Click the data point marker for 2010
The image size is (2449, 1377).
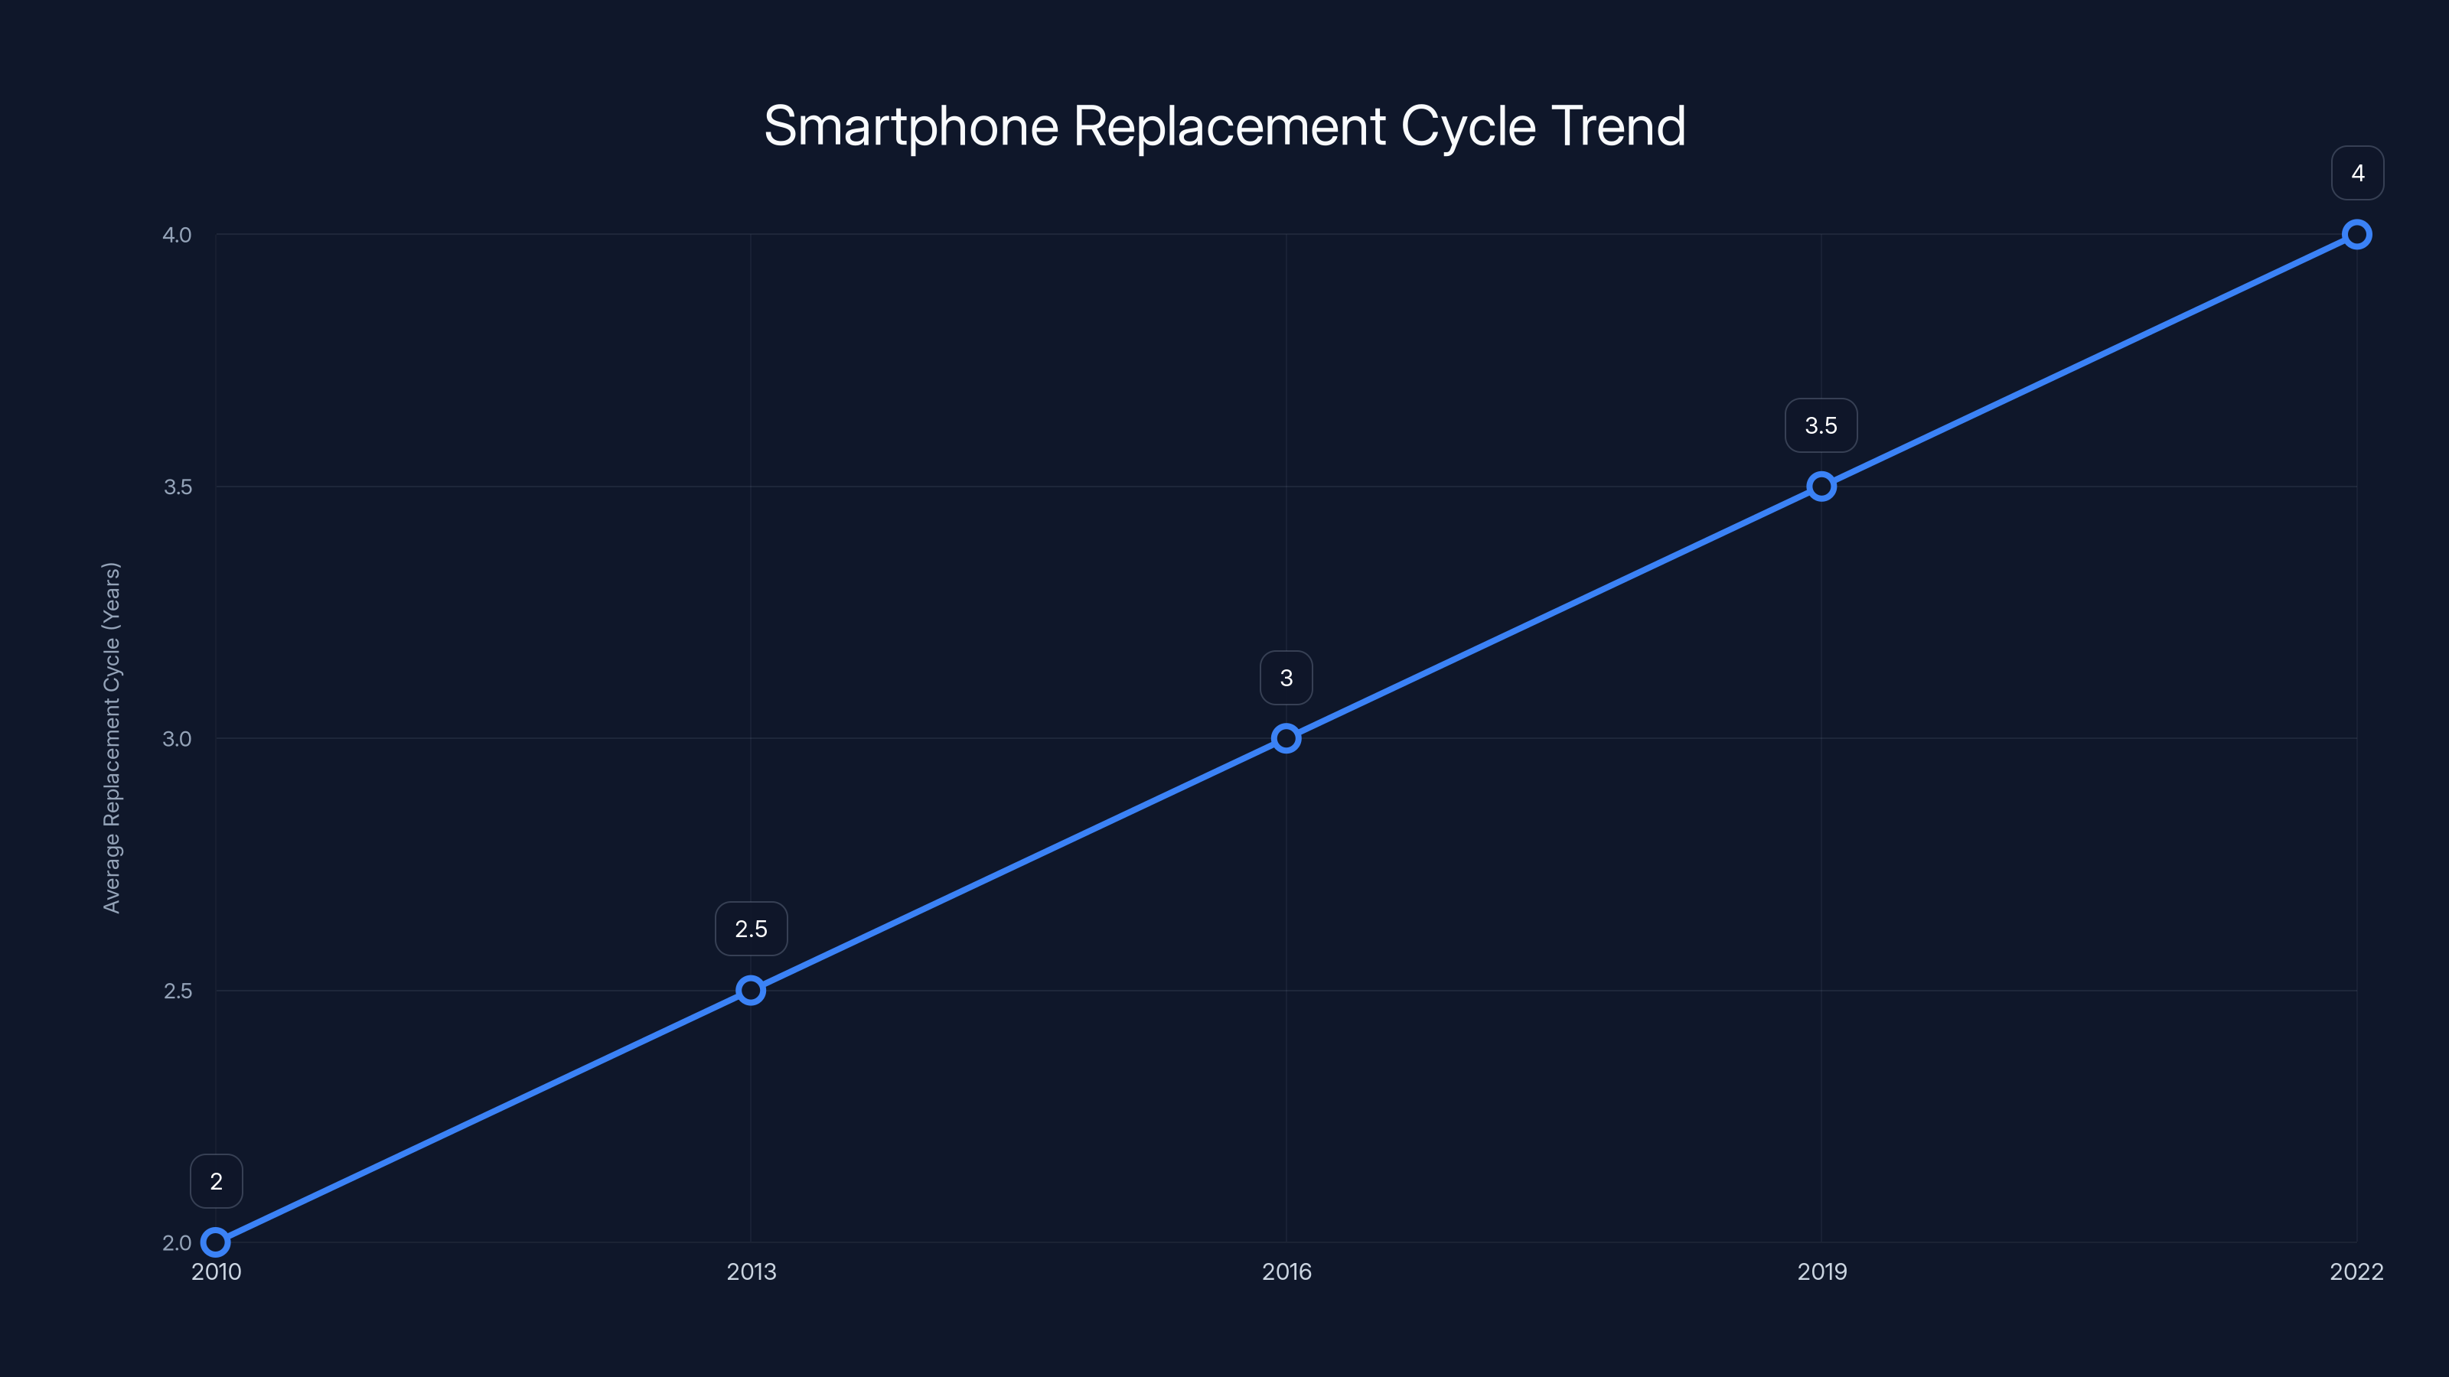click(216, 1242)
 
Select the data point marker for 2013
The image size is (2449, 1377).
click(751, 990)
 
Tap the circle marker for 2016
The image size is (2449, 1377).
click(1286, 738)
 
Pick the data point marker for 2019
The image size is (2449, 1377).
click(1821, 487)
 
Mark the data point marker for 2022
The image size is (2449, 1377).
click(2357, 235)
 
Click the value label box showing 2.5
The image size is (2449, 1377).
click(751, 929)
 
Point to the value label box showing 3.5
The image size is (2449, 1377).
click(1821, 426)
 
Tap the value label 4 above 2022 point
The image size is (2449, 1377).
click(2357, 173)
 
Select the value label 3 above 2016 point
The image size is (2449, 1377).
click(1286, 678)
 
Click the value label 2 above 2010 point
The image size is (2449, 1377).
click(216, 1181)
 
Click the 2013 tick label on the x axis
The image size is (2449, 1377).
click(751, 1271)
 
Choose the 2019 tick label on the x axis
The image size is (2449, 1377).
click(1821, 1271)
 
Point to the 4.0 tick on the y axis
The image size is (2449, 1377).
click(177, 235)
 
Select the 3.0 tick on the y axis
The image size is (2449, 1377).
click(177, 738)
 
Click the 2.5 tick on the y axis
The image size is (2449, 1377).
click(177, 990)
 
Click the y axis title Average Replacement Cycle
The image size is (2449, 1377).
click(111, 737)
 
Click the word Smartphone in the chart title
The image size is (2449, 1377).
click(910, 126)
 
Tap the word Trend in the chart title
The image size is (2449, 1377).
click(1618, 126)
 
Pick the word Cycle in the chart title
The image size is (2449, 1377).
click(1468, 126)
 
